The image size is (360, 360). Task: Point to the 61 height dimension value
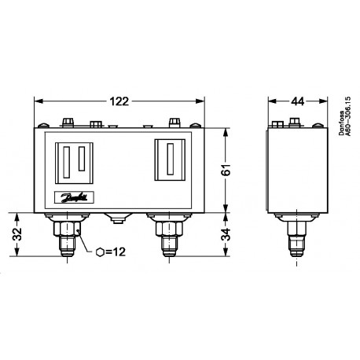tap(224, 167)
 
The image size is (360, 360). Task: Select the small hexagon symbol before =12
tap(99, 252)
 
